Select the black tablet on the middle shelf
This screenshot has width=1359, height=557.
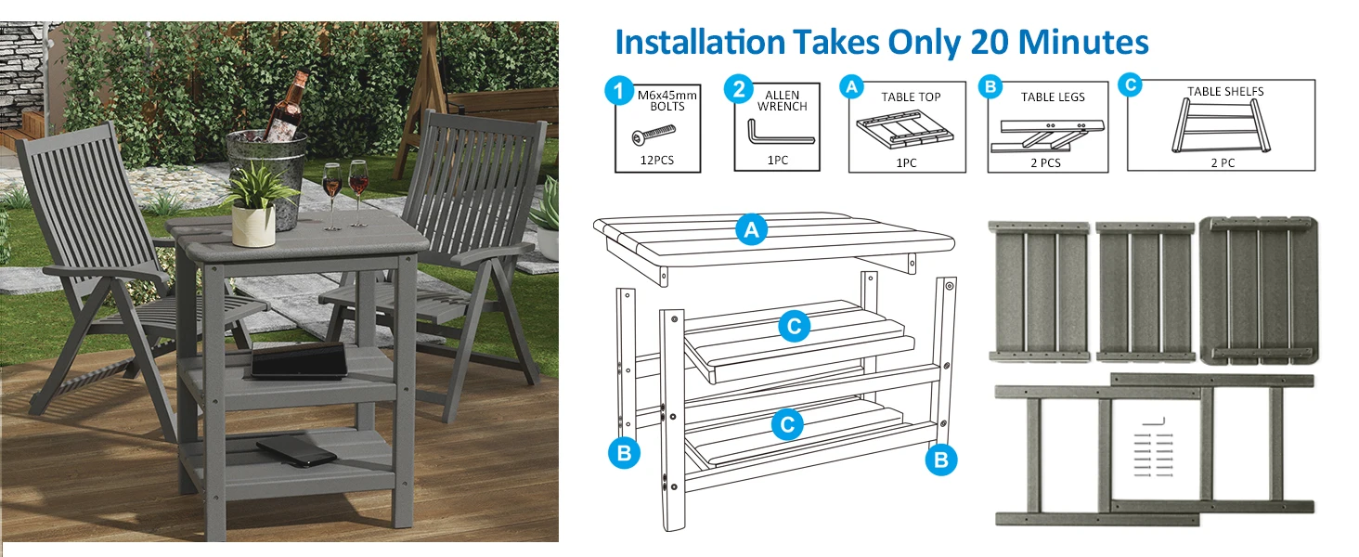pos(299,362)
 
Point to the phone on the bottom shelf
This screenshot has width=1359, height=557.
pos(296,452)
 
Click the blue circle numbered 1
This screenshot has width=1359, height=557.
pos(619,91)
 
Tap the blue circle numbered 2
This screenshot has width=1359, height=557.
pos(738,89)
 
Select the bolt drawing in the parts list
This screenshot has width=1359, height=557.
pos(653,135)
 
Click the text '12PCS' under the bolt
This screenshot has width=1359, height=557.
pos(657,161)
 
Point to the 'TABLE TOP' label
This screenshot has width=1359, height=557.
pos(911,97)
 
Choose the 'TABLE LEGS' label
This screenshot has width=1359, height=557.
pos(1053,97)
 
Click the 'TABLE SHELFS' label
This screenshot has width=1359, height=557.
pos(1225,92)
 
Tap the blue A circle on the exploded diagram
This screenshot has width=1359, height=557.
pos(751,230)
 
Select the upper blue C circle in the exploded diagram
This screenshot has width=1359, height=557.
pos(795,327)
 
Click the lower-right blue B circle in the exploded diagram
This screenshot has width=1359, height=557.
pos(941,460)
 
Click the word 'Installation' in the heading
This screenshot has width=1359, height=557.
pos(701,42)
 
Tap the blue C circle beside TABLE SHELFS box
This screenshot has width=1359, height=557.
pos(1131,84)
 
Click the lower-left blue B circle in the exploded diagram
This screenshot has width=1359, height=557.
pos(624,453)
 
